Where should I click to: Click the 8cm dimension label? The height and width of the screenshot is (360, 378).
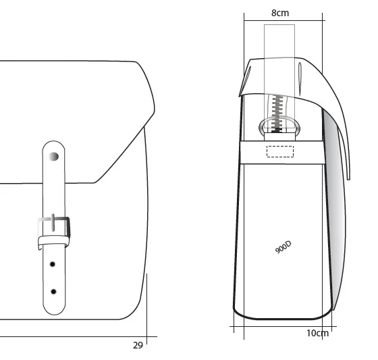pos(280,13)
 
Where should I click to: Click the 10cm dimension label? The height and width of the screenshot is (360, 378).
pos(317,333)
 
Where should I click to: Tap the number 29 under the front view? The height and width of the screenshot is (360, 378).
pos(138,346)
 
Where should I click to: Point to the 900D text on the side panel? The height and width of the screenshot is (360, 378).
pos(283,247)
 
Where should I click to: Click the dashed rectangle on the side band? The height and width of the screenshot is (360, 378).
pos(280,151)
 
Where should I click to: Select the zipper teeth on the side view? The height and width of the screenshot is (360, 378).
pos(277,113)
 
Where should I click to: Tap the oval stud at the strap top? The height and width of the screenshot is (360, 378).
pos(54,157)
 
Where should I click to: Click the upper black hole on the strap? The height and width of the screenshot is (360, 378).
pos(53,265)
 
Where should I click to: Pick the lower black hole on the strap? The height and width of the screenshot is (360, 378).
pos(53,292)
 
